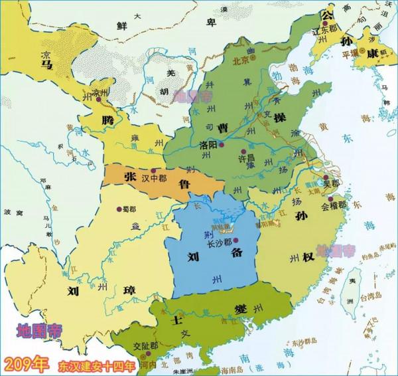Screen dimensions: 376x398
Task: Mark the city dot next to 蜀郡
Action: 118,208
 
